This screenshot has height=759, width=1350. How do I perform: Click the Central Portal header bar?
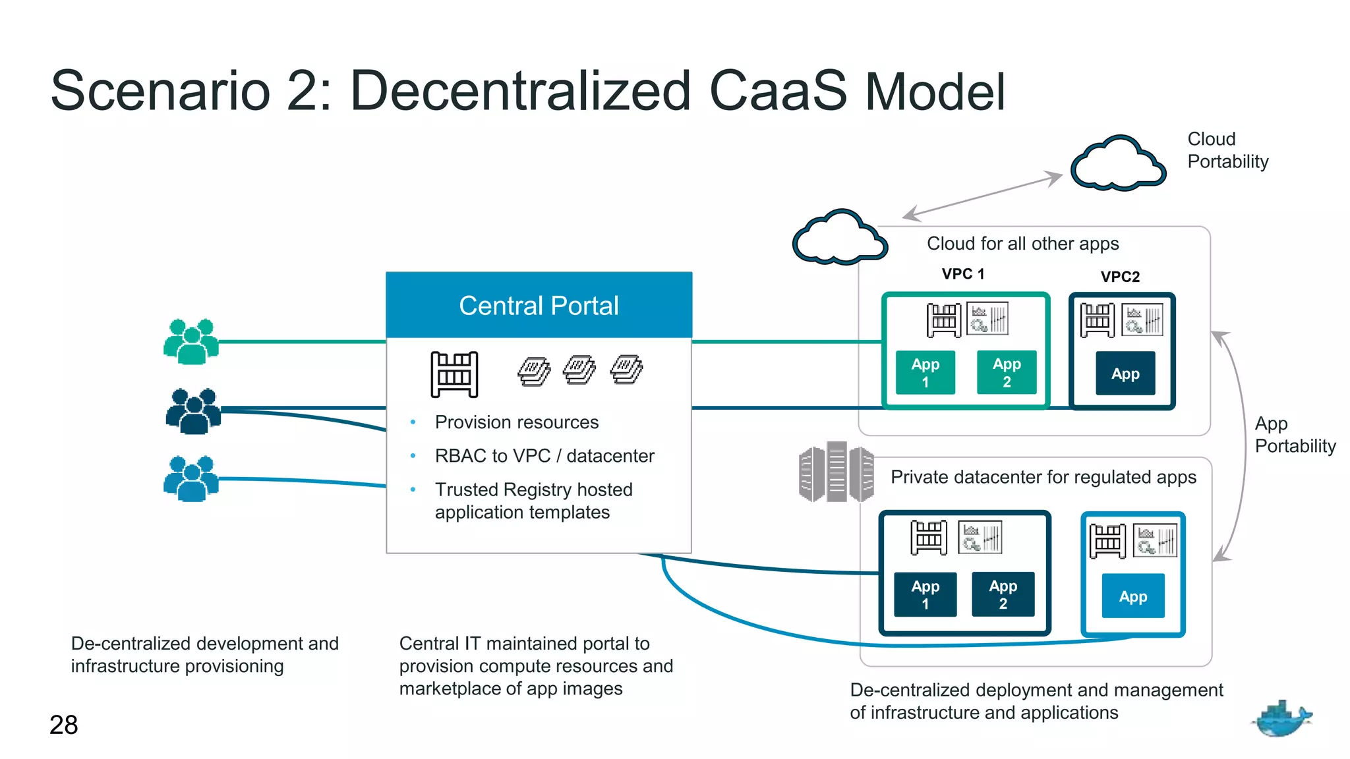coord(539,305)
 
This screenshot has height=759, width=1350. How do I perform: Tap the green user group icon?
coord(191,341)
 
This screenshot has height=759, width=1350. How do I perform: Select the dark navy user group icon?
coord(193,411)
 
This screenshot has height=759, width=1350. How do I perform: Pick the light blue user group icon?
coord(191,479)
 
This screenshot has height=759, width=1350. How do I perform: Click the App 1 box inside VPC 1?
coord(925,373)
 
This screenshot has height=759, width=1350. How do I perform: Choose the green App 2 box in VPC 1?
coord(1007,373)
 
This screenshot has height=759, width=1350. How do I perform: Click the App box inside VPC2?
coord(1125,374)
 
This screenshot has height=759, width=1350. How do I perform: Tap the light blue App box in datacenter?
coord(1133,596)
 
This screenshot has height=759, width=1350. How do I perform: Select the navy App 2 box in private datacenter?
coord(1003,594)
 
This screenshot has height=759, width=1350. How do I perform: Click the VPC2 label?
coord(1120,277)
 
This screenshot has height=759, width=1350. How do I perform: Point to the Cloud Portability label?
coord(1227,150)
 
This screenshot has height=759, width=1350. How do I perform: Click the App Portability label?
coord(1295,435)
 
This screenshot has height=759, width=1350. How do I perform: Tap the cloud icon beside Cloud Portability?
coord(1118,165)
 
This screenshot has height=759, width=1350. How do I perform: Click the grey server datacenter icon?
coord(836,472)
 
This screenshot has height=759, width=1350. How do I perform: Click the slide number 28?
coord(64,725)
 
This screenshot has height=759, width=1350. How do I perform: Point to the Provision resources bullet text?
coord(517,422)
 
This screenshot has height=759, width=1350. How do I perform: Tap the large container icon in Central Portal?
coord(454,374)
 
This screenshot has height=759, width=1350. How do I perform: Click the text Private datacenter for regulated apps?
coord(1043,477)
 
